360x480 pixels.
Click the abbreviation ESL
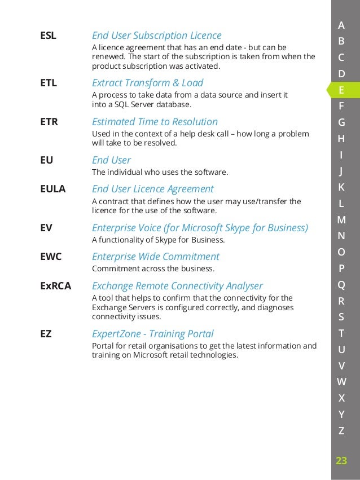48,36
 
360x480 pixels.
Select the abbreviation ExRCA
55,286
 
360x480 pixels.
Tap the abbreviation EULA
53,189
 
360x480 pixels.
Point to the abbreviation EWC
51,257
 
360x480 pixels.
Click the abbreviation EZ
46,334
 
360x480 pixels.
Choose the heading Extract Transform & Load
147,83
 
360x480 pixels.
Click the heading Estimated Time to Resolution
155,122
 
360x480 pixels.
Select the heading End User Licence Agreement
152,189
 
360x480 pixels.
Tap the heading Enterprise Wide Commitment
155,257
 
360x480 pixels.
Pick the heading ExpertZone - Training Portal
152,334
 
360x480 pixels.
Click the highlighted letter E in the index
341,90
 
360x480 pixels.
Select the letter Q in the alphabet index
341,285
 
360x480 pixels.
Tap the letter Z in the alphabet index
341,431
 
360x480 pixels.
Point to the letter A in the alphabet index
341,25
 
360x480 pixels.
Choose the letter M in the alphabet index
341,220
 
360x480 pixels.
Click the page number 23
341,461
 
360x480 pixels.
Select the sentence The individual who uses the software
160,171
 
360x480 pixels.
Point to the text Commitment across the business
153,268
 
